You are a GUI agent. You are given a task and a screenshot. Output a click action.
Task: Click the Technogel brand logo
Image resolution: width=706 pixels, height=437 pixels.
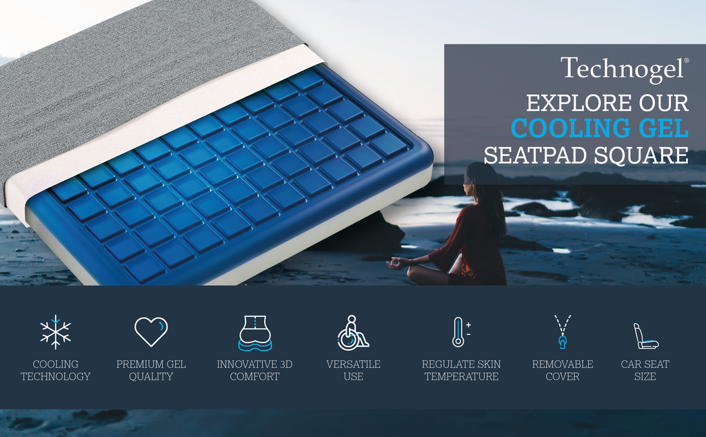tap(624, 69)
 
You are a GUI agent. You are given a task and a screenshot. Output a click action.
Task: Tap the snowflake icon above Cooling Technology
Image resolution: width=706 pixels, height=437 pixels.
tap(55, 332)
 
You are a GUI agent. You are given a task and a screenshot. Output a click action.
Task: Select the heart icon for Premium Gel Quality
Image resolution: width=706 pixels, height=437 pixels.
tap(151, 331)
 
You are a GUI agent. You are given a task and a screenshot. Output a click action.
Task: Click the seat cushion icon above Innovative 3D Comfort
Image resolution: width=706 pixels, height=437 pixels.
tap(254, 333)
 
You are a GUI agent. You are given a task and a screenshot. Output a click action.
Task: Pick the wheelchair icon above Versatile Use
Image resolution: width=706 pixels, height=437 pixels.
tap(352, 332)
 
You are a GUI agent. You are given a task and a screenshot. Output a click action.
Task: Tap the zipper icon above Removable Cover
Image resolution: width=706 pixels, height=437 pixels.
tap(563, 331)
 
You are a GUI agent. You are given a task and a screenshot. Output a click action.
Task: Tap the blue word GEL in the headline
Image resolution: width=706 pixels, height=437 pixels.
tap(663, 129)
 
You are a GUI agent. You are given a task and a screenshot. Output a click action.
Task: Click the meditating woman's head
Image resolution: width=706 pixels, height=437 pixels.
tap(476, 177)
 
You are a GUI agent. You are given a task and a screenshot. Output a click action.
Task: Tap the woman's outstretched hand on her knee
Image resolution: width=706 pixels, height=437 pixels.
tap(396, 263)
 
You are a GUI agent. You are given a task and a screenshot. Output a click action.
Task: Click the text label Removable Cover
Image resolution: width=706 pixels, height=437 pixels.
tap(562, 370)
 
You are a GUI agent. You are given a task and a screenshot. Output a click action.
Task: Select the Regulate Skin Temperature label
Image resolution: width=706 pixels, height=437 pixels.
tap(461, 370)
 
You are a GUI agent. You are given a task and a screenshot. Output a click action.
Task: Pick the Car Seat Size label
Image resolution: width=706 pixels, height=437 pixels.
tap(645, 370)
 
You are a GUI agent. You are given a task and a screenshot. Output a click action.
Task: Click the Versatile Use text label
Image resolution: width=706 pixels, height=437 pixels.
tap(353, 370)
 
